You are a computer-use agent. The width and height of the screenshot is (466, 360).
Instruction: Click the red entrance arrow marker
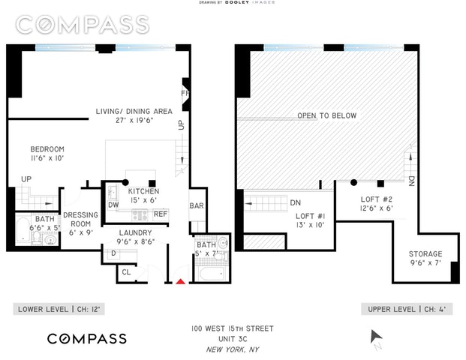point(180,282)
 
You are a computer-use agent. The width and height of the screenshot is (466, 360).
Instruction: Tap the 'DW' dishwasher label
point(113,205)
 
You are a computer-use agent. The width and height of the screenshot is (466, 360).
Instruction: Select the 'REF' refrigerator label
point(160,214)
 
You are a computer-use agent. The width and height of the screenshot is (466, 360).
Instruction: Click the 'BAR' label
point(197,205)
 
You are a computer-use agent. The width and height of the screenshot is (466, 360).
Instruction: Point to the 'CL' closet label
point(126,274)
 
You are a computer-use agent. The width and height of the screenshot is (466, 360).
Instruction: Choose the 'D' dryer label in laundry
point(113,253)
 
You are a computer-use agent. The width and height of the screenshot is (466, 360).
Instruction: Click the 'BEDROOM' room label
point(47,148)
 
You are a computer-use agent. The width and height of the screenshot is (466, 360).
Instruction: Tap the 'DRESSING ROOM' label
point(80,219)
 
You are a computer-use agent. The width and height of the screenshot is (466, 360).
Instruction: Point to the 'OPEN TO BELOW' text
point(326,116)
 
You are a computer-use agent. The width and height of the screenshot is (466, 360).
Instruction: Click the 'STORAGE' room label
point(425,254)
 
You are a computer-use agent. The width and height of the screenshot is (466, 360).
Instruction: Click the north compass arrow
point(377,340)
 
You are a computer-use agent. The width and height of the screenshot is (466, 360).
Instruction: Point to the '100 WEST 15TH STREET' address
point(233,328)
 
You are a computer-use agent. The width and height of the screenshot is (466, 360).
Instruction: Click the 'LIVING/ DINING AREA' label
point(133,112)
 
